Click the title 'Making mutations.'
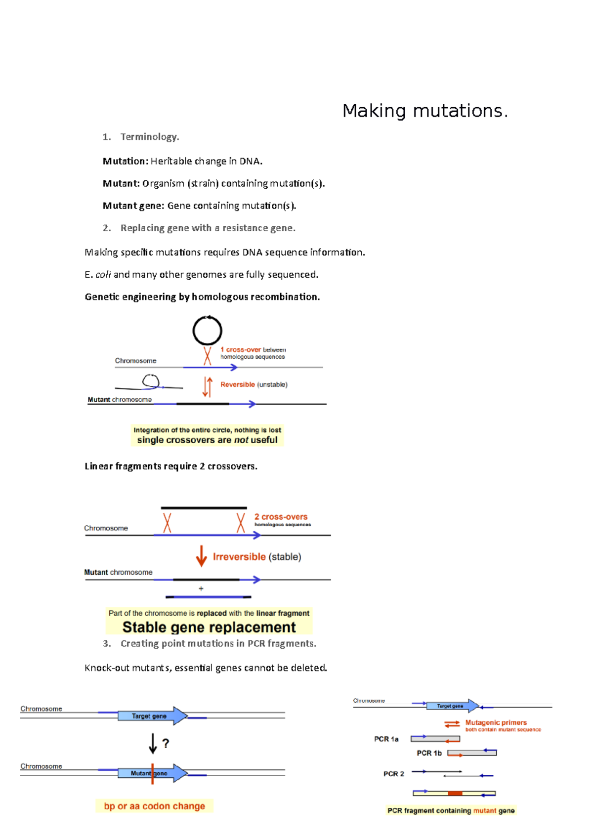[425, 111]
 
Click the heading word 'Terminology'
[149, 137]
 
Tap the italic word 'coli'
[103, 275]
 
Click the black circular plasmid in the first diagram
[207, 331]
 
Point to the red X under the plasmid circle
[208, 356]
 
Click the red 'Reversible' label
[238, 384]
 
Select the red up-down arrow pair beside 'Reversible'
[208, 387]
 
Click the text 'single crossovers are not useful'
[207, 440]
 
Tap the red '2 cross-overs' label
[281, 517]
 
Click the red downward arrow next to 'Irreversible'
[201, 556]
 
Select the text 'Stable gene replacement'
[209, 627]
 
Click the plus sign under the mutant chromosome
[201, 588]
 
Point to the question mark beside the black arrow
[166, 744]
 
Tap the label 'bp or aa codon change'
[154, 806]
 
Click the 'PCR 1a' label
[386, 739]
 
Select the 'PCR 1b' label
[429, 753]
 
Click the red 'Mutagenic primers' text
[496, 722]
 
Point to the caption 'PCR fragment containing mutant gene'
[451, 810]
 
